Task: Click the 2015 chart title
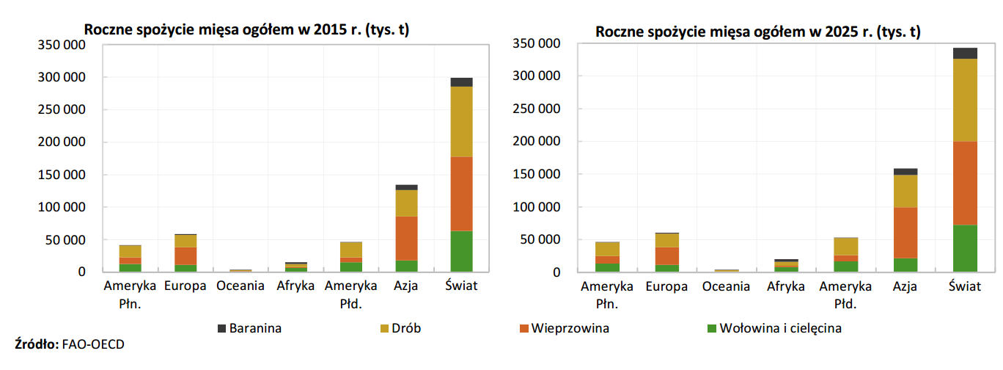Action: click(x=246, y=30)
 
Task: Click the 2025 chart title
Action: click(x=758, y=32)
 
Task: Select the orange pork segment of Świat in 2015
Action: click(x=461, y=194)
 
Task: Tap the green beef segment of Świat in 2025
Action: click(x=965, y=248)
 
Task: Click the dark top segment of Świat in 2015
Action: click(x=461, y=82)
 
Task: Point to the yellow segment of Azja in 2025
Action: click(x=905, y=191)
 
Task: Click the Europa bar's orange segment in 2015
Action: click(x=185, y=255)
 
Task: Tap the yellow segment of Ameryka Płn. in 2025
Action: click(x=607, y=249)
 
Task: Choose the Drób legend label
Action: click(x=408, y=328)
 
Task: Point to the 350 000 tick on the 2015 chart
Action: click(x=61, y=45)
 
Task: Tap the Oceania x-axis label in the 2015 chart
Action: click(x=240, y=286)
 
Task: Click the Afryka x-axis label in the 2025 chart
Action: click(x=786, y=286)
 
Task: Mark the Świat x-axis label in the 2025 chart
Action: click(x=964, y=286)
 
